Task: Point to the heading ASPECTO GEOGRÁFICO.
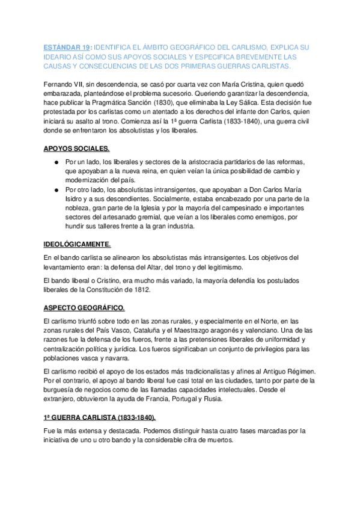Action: pos(84,308)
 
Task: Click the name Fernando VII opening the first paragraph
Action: pos(65,84)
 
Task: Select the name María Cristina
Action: pos(228,84)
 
